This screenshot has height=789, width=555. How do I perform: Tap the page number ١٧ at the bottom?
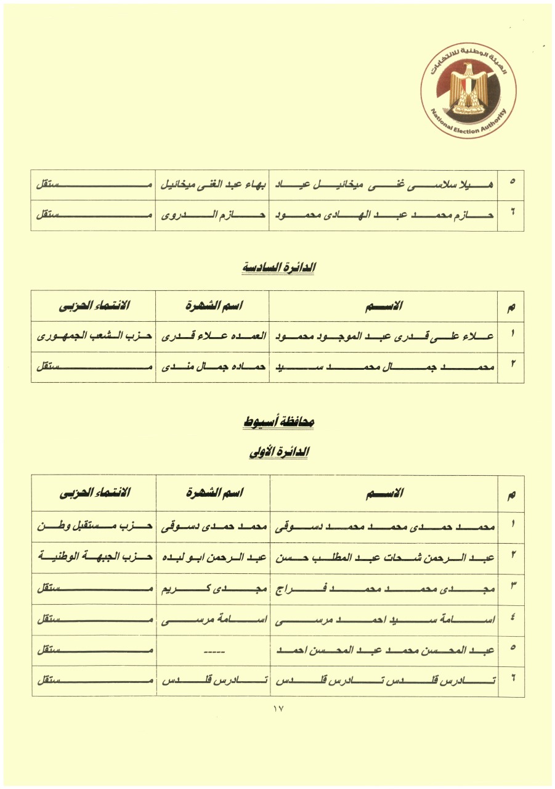click(x=277, y=709)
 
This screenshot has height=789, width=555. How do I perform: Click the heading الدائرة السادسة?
click(x=277, y=268)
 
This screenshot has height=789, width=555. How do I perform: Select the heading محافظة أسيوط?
click(x=277, y=422)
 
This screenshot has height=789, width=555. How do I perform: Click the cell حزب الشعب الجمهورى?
click(x=94, y=337)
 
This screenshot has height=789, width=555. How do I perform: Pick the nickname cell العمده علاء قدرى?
click(x=213, y=337)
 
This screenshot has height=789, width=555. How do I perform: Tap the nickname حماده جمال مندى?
click(x=213, y=367)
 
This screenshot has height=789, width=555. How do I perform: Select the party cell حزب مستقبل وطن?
click(x=94, y=527)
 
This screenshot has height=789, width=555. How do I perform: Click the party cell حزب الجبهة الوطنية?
click(x=94, y=557)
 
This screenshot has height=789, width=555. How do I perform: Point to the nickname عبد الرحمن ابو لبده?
click(x=213, y=557)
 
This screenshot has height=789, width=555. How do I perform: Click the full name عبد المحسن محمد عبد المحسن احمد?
click(x=384, y=650)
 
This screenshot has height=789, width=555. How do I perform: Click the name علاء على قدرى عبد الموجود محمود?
click(x=384, y=337)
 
